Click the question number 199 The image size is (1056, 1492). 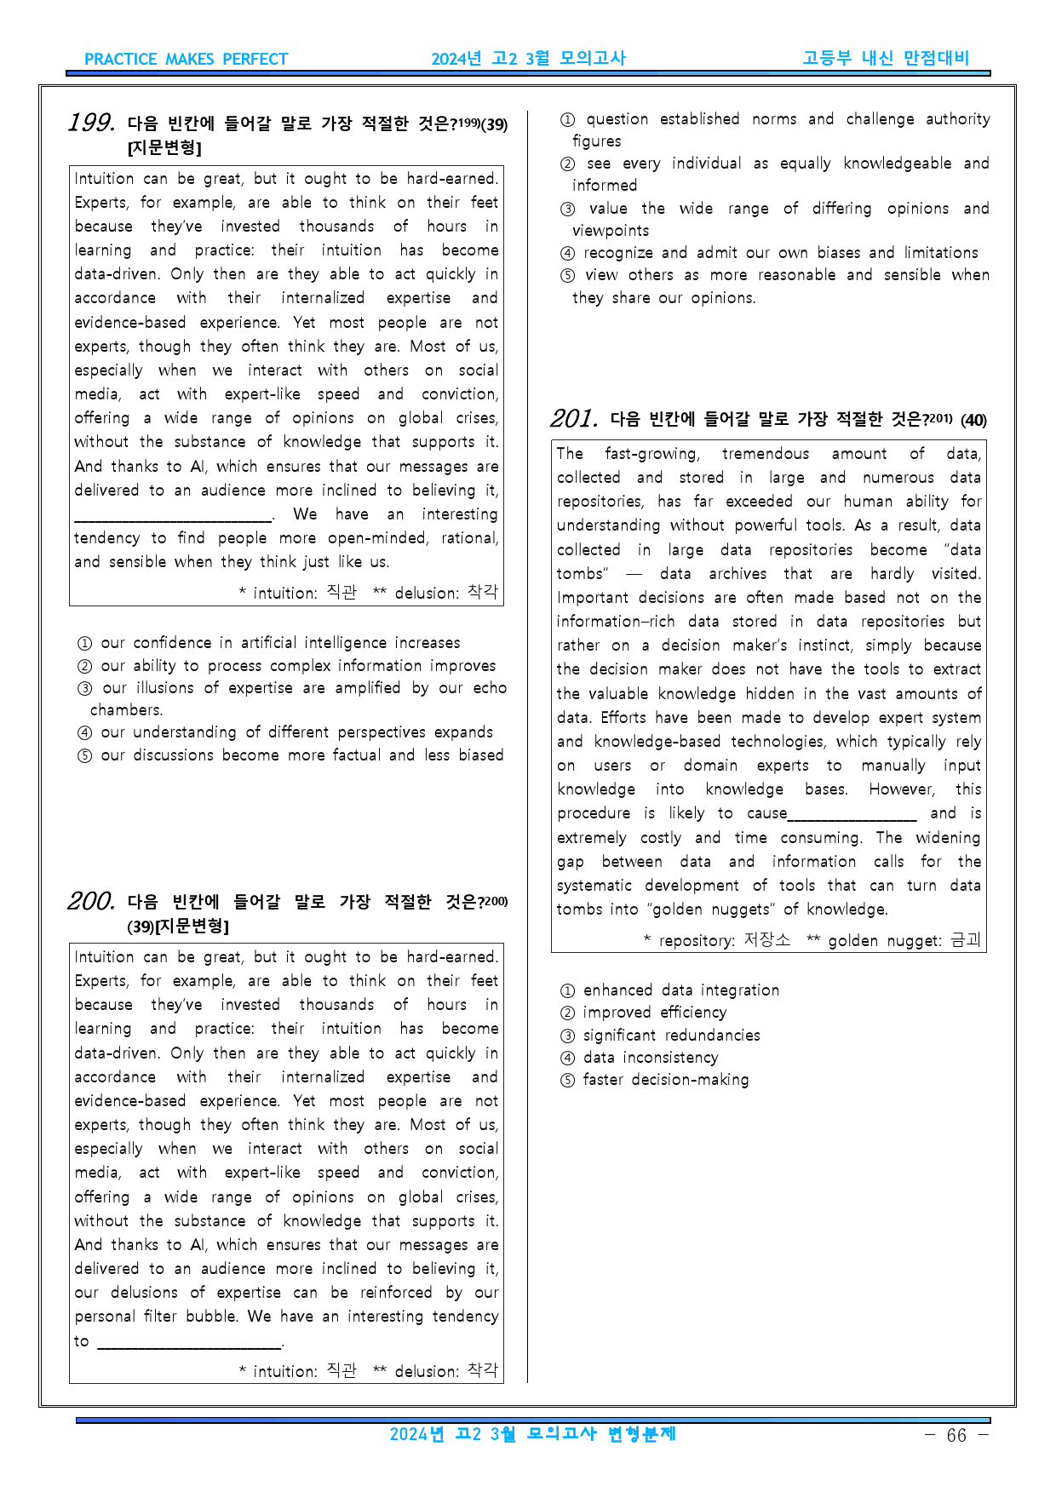point(92,123)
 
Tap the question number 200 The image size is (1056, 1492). point(91,902)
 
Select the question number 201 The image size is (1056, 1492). point(574,419)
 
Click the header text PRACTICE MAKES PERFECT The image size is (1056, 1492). point(186,60)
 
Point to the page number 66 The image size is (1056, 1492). point(956,1436)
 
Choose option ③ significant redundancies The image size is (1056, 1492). point(660,1036)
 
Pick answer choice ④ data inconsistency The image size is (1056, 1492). point(639,1058)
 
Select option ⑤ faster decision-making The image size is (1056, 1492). point(654,1080)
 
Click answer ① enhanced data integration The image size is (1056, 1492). point(669,990)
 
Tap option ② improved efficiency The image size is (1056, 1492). point(643,1013)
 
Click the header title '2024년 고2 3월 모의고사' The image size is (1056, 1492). point(528,59)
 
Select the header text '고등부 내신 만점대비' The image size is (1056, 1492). point(886,59)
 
